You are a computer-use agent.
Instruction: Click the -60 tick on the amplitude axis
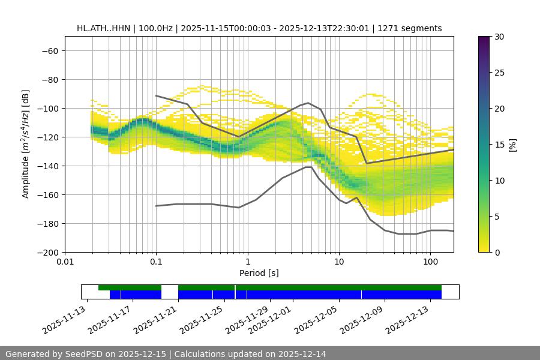point(50,50)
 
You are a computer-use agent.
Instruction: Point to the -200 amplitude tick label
point(48,252)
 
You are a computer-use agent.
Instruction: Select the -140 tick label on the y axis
point(48,166)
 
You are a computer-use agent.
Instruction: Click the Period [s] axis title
point(259,273)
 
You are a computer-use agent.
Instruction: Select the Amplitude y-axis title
point(26,144)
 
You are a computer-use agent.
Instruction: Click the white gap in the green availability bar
point(170,287)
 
